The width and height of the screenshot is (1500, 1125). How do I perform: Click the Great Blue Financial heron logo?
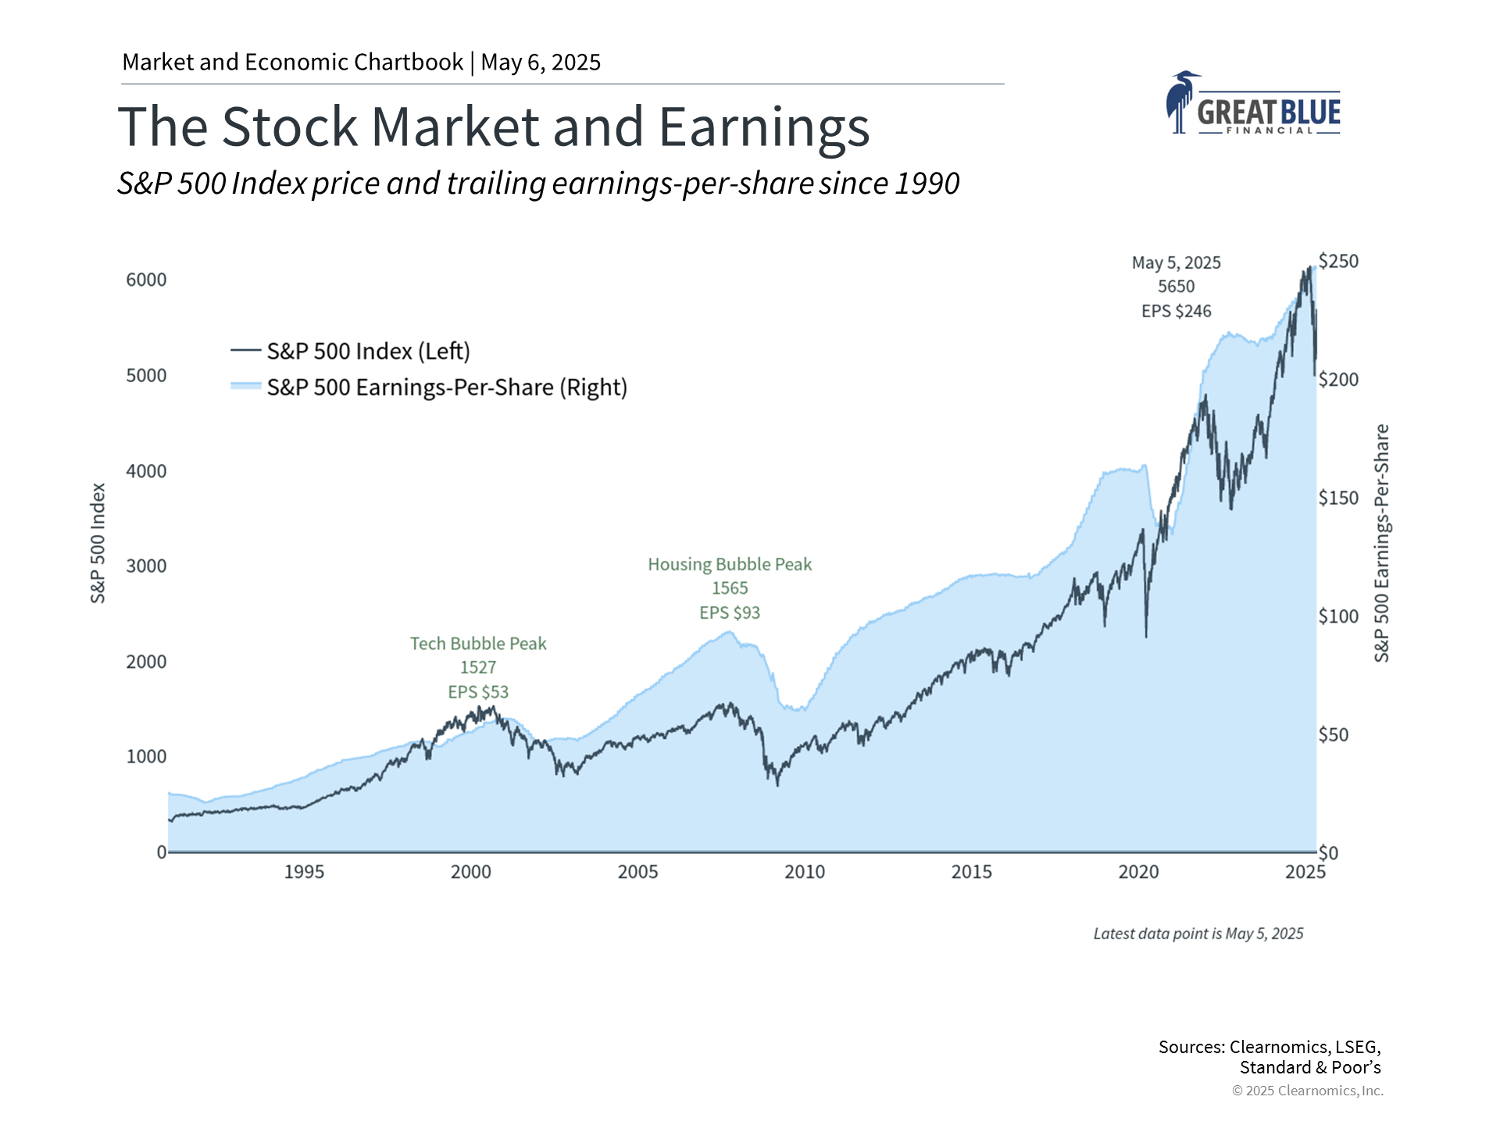coord(1252,104)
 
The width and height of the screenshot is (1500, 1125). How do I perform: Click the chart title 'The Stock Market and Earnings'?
coord(493,127)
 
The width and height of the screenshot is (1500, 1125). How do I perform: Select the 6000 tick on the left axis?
coord(146,280)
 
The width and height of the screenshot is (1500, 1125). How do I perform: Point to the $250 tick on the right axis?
coord(1338,261)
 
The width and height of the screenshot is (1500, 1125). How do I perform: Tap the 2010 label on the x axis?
coord(804,872)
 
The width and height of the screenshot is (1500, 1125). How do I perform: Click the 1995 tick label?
coord(303,872)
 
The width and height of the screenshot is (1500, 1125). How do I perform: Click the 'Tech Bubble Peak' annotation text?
coord(478,644)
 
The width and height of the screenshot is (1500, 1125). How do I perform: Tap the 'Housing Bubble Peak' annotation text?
coord(730,564)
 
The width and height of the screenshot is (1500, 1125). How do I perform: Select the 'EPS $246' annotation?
coord(1176,311)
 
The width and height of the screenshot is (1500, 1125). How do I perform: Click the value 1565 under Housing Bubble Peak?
coord(730,588)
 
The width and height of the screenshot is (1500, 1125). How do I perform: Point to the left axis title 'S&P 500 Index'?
coord(98,543)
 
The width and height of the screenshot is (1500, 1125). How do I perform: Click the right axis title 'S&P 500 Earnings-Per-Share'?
coord(1381,543)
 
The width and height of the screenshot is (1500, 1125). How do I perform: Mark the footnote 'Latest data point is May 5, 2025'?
coord(1198,934)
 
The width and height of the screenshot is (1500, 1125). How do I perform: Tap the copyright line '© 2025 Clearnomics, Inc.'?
coord(1307,1091)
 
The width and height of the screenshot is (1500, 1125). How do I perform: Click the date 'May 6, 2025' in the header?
coord(541,62)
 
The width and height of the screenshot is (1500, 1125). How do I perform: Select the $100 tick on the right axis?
coord(1338,616)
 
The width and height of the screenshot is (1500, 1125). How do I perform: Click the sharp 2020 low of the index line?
coord(1146,636)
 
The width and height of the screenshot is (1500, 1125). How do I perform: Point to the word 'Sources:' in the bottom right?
coord(1191,1047)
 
